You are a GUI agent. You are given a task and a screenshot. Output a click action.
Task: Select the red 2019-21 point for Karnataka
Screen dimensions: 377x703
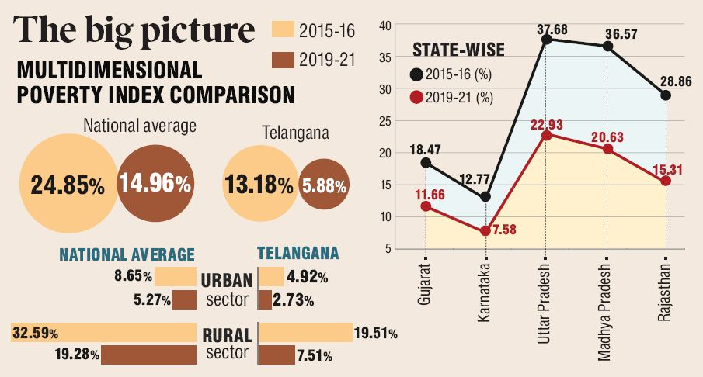485,230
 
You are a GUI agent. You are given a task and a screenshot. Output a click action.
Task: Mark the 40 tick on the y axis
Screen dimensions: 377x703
385,26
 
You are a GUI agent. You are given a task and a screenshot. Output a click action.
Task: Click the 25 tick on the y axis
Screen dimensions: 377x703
385,121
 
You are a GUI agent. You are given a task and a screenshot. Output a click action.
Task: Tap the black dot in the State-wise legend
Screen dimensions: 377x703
418,74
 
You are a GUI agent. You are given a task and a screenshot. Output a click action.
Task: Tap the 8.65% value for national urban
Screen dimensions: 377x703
133,276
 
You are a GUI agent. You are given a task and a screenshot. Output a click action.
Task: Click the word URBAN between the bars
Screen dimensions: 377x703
227,280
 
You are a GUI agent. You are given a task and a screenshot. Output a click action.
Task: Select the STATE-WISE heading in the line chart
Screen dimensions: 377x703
458,51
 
